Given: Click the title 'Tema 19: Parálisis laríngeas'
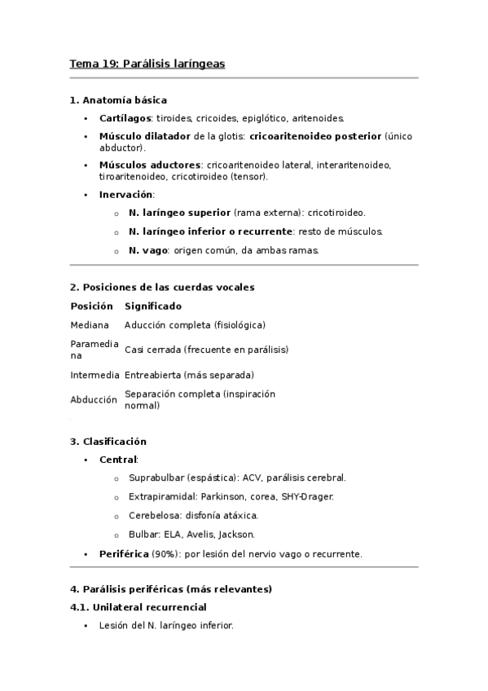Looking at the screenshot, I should click(x=147, y=63).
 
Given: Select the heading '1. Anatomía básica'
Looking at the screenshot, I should click(x=118, y=100).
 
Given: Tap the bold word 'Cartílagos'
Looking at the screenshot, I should click(x=125, y=118).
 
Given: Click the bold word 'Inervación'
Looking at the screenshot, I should click(x=125, y=195).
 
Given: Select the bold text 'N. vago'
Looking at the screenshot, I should click(x=147, y=250).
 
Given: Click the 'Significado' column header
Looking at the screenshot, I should click(x=152, y=306).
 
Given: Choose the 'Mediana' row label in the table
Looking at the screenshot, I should click(x=90, y=325).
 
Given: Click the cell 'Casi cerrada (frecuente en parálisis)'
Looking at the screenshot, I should click(x=206, y=350).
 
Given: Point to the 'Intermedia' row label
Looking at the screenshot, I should click(x=95, y=375).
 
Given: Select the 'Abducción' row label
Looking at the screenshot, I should click(x=94, y=399).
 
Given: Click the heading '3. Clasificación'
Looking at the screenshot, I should click(x=108, y=442).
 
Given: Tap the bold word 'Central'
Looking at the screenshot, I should click(x=117, y=460).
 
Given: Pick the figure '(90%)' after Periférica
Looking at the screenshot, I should click(x=165, y=554).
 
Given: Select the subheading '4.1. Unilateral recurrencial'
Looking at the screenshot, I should click(x=138, y=607).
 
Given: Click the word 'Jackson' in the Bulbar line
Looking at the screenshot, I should click(x=235, y=535).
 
